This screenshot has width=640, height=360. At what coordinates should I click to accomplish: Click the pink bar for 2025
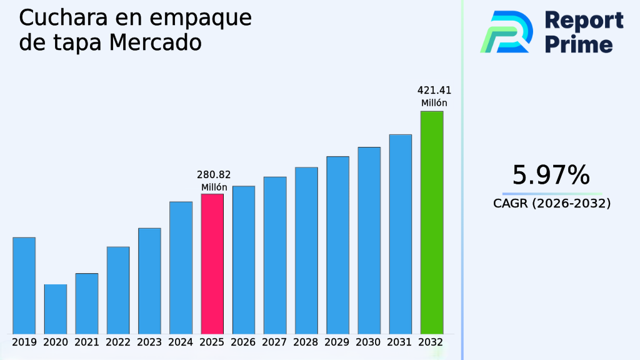pos(212,264)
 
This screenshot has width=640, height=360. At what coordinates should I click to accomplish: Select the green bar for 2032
pos(431,222)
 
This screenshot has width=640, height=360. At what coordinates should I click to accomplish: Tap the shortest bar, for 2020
pos(55,309)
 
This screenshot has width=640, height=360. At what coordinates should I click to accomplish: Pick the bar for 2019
pos(24,286)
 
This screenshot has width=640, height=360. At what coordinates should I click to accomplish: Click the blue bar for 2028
pos(306,250)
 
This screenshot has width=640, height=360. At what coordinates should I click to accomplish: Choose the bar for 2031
pos(400,234)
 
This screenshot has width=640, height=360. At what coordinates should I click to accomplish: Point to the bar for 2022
pos(118,290)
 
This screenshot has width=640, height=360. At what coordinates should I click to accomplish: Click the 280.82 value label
pos(213,175)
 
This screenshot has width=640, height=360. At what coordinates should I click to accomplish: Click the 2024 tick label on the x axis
pos(181,342)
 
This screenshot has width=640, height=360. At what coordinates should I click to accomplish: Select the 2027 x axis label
pos(275,342)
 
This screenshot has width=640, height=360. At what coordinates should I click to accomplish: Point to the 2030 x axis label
pos(369,342)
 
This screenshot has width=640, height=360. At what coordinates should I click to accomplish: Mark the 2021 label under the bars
pos(87,342)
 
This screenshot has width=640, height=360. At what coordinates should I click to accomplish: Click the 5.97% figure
pos(551,175)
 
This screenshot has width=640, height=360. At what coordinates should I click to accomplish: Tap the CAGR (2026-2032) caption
pos(551,204)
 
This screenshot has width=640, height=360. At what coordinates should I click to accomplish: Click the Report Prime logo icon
pos(506,31)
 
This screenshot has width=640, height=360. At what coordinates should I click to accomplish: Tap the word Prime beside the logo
pos(578,44)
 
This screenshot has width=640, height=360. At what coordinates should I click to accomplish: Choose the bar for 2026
pos(244,259)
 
